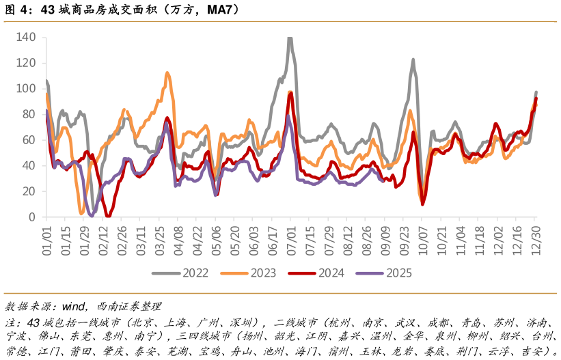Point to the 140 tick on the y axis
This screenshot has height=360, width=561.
point(26,37)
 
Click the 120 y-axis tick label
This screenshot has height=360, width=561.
point(26,63)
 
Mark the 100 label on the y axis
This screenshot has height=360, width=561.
point(26,88)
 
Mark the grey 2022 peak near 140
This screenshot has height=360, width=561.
point(290,38)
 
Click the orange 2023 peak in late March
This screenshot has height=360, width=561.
point(167,73)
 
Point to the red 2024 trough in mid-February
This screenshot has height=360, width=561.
point(108,215)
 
